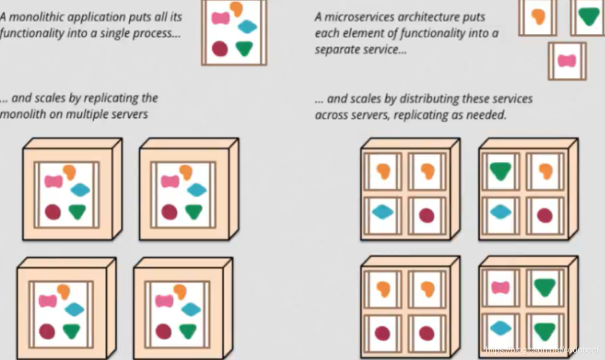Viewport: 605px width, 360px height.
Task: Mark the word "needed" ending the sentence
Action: click(487, 115)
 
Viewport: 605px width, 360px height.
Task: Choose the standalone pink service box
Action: click(567, 61)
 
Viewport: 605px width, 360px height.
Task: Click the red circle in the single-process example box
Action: click(219, 49)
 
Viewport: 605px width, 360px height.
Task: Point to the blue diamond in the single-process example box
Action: click(247, 26)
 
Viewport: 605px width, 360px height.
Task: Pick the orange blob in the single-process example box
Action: click(236, 8)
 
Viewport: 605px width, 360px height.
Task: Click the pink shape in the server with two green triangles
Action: click(500, 287)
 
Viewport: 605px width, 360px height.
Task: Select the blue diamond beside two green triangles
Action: click(500, 328)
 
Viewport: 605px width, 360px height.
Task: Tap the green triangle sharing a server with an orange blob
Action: click(500, 171)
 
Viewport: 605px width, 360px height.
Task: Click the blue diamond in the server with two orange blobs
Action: click(383, 212)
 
